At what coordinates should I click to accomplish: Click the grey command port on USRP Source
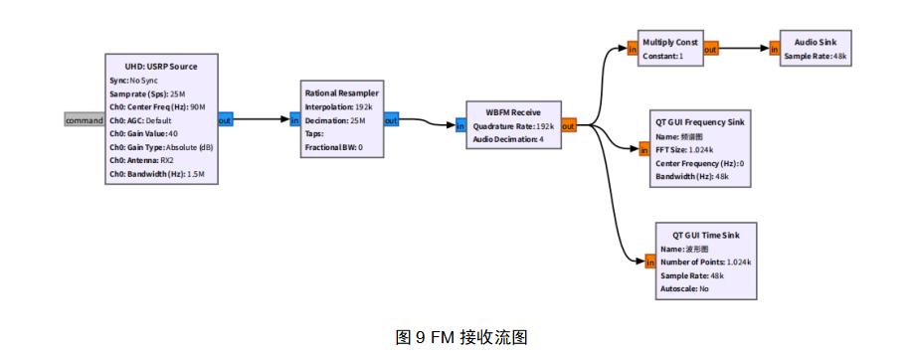click(85, 120)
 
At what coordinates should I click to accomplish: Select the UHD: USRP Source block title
click(161, 67)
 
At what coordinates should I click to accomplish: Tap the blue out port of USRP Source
click(225, 120)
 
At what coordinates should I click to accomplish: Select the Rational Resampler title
click(341, 93)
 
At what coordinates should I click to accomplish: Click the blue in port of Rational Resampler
click(294, 120)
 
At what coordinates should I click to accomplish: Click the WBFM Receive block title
click(513, 112)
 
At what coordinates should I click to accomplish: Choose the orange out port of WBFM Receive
click(569, 125)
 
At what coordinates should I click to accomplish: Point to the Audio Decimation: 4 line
click(508, 139)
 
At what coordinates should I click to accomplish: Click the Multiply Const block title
click(670, 43)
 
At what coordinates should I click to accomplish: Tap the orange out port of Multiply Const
click(711, 49)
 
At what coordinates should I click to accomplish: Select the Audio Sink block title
click(815, 43)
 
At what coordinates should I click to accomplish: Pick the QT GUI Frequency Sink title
click(701, 121)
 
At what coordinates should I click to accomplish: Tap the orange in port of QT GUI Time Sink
click(647, 262)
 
